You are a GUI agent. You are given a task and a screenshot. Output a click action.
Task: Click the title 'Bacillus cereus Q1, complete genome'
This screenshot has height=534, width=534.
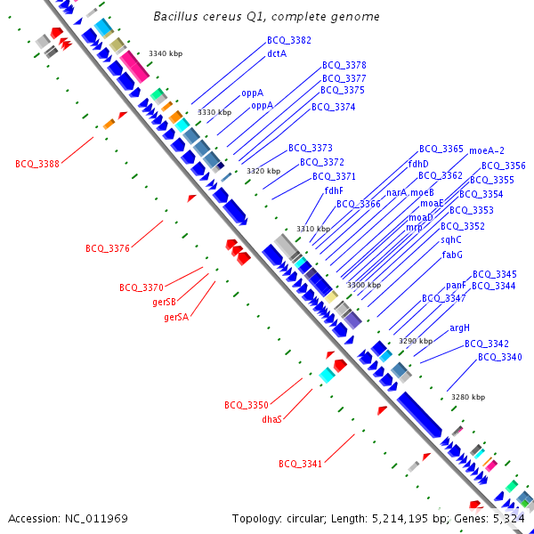(x=266, y=17)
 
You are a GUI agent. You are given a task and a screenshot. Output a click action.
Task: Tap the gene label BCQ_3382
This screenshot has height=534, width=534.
(x=289, y=41)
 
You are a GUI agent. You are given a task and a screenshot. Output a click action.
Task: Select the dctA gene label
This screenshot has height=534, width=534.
(x=277, y=53)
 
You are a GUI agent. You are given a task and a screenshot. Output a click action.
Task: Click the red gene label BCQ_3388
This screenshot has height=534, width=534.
(x=37, y=164)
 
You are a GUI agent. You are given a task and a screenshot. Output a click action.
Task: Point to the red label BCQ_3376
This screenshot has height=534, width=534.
(x=108, y=248)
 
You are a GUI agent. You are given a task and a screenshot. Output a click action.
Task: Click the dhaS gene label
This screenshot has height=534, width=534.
(x=271, y=419)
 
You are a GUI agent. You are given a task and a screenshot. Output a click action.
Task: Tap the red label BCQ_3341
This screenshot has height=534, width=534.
(x=301, y=464)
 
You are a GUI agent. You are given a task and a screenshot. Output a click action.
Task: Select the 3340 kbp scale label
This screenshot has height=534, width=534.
(x=165, y=54)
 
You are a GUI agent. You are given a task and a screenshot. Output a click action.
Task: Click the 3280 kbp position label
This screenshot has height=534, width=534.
(x=468, y=397)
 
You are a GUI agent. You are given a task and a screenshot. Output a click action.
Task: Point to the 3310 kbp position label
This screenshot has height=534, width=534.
(x=312, y=229)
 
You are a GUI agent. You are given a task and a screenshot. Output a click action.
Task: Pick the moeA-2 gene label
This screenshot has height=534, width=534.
(x=486, y=150)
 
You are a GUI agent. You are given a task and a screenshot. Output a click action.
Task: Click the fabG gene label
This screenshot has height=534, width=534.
(x=452, y=255)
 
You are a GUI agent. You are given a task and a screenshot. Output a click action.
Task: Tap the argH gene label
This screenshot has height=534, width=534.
(x=459, y=328)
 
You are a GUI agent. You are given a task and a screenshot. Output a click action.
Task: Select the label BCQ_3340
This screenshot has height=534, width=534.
(x=500, y=357)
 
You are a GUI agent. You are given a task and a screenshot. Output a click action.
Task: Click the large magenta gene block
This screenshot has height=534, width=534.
(x=135, y=66)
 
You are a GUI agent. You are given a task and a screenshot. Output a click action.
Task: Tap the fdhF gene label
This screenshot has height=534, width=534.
(x=334, y=190)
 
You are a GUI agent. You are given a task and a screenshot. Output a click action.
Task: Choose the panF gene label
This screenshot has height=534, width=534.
(x=456, y=286)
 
